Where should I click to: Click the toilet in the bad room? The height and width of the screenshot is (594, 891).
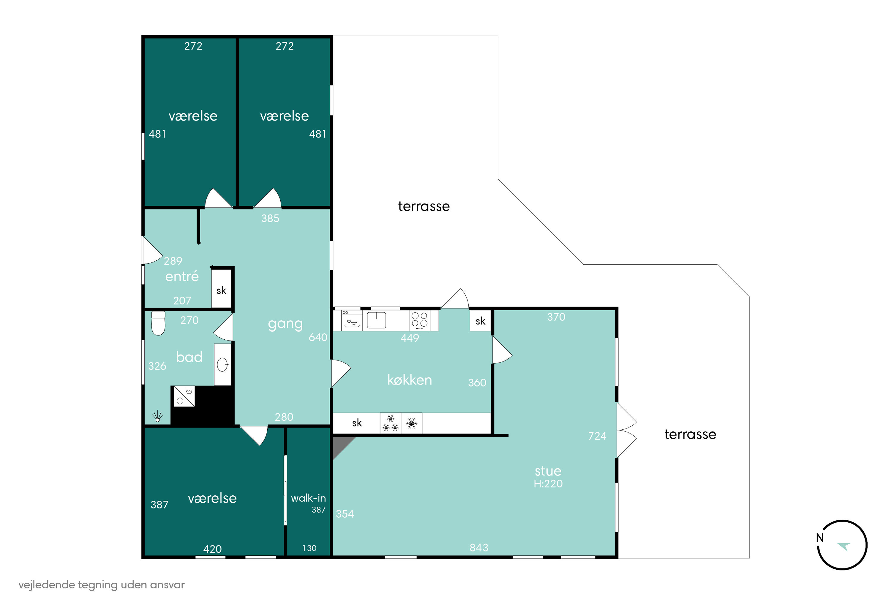pyautogui.click(x=158, y=323)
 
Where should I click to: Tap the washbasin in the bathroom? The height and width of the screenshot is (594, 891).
pyautogui.click(x=223, y=364)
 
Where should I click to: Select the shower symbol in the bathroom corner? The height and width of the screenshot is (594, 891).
pyautogui.click(x=157, y=417)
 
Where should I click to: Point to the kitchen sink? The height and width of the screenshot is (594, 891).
pyautogui.click(x=376, y=320)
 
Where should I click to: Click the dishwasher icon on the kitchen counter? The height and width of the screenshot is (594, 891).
pyautogui.click(x=352, y=321)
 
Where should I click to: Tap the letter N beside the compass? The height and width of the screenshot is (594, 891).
pyautogui.click(x=819, y=538)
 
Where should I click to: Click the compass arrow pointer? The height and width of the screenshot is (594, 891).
pyautogui.click(x=844, y=546)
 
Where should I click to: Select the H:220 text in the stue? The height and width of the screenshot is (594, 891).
pyautogui.click(x=548, y=484)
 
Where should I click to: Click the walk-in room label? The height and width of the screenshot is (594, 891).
pyautogui.click(x=308, y=498)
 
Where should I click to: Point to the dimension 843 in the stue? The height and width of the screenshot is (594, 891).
pyautogui.click(x=479, y=547)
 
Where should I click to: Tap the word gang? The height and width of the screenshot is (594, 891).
pyautogui.click(x=285, y=324)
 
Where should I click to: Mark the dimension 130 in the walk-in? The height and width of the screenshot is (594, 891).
pyautogui.click(x=309, y=548)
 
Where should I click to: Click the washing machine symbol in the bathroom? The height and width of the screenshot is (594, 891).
pyautogui.click(x=184, y=396)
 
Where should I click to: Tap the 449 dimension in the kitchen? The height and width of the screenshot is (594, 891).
pyautogui.click(x=410, y=338)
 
